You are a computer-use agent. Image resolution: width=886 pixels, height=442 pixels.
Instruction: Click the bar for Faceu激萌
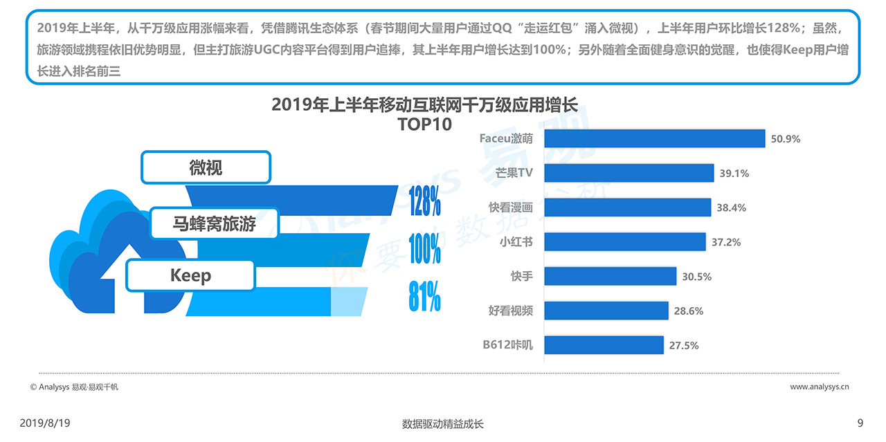tap(654, 138)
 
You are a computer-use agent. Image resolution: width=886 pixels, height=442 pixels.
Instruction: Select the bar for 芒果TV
tap(629, 173)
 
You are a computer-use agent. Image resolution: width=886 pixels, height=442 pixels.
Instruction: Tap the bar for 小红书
tap(625, 241)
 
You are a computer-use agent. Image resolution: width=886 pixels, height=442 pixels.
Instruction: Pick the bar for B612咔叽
tap(604, 344)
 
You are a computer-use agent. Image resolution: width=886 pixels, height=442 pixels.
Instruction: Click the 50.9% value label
tap(786, 139)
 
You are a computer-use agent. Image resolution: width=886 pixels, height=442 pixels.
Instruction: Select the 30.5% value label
tap(696, 277)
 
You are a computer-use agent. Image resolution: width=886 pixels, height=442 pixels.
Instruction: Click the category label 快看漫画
tap(511, 207)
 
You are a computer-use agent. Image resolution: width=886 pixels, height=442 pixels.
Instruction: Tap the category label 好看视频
tap(511, 311)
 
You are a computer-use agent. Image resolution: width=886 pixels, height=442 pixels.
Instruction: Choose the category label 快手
tap(522, 276)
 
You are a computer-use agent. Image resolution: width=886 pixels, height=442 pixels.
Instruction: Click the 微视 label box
tap(206, 167)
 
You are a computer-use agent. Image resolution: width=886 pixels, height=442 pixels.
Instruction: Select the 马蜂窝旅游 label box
tap(214, 223)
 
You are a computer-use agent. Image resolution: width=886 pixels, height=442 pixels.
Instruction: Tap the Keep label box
tap(190, 276)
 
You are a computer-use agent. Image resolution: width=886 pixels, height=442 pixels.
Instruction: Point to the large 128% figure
tap(424, 201)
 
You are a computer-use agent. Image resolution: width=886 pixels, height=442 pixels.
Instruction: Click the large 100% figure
tap(424, 249)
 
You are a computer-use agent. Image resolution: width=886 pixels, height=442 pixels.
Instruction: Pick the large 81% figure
tap(424, 297)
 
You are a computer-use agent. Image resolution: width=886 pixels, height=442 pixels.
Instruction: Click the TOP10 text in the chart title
tap(424, 125)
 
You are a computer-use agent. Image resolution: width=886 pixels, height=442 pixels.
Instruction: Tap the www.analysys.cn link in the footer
tap(820, 387)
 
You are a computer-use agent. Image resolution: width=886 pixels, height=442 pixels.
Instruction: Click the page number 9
tap(860, 423)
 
